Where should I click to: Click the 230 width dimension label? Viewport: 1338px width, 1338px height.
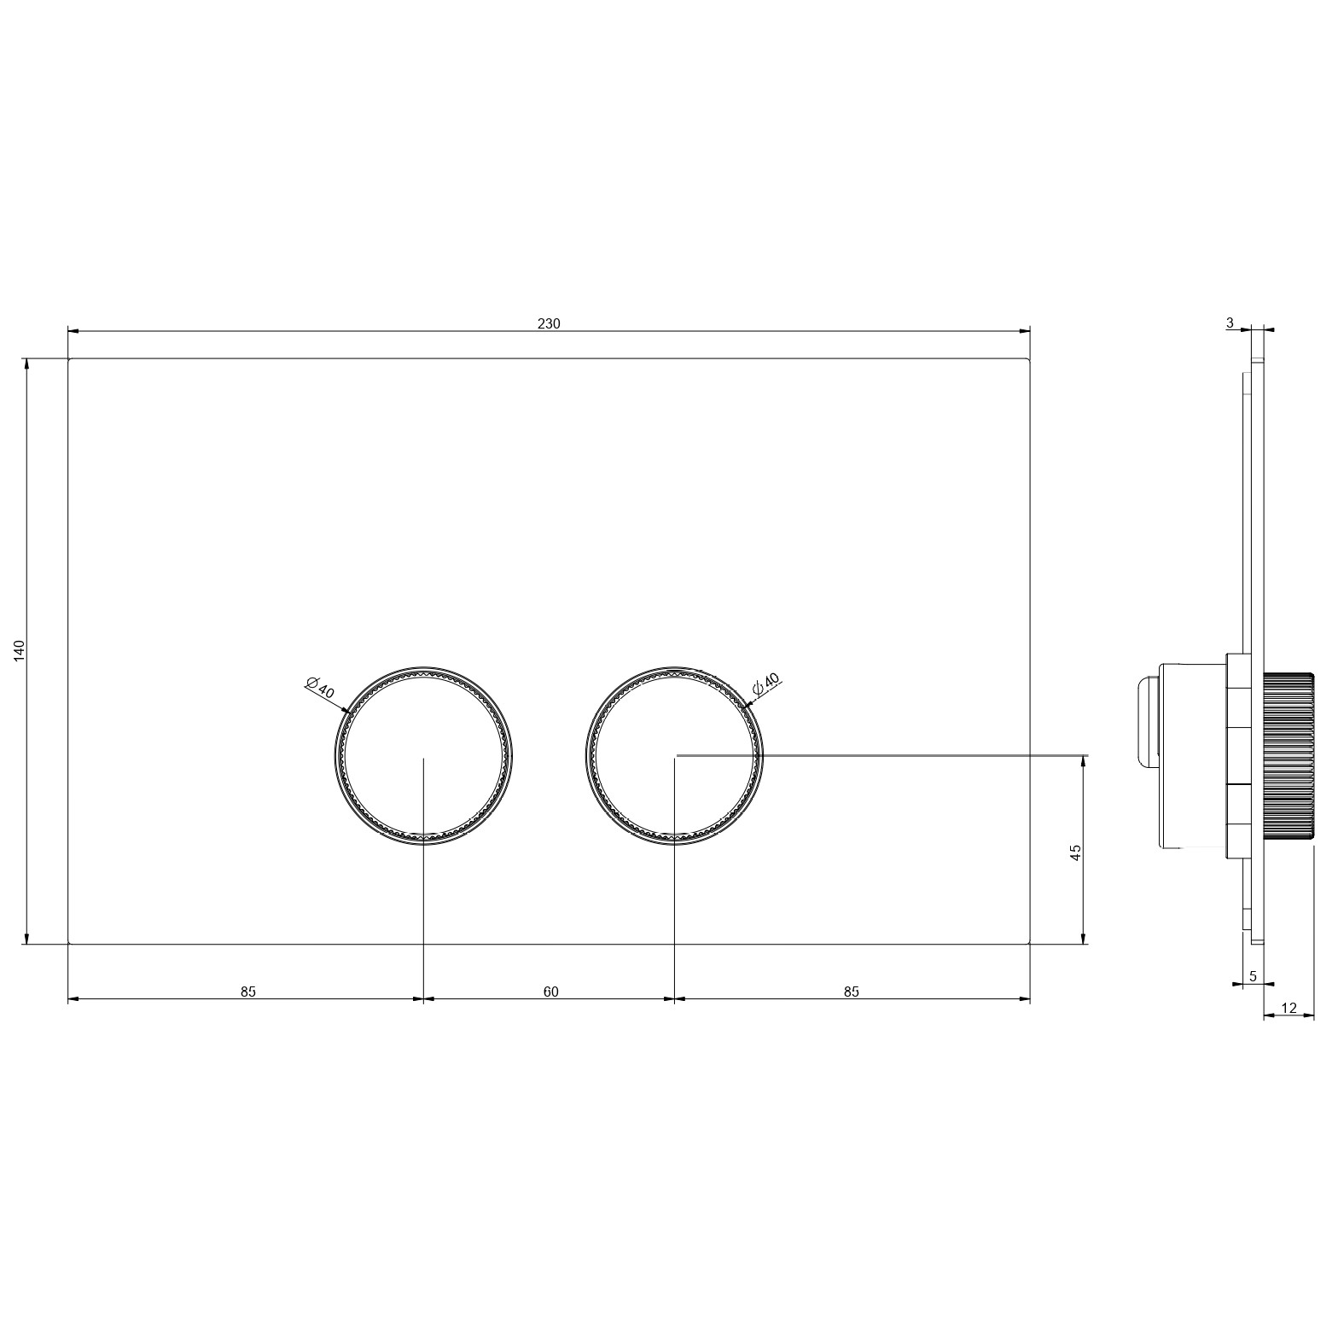click(x=549, y=323)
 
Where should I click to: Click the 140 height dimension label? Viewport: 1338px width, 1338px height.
click(x=20, y=650)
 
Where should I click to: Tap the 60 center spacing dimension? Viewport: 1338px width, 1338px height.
click(x=550, y=992)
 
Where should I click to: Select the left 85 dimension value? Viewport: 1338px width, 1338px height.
click(x=247, y=992)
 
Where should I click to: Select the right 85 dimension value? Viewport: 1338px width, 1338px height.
click(x=851, y=992)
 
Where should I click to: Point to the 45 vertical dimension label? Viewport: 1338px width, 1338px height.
click(x=1076, y=852)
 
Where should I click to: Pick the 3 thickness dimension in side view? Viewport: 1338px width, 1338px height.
click(x=1230, y=323)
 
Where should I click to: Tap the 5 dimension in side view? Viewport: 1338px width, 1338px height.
click(x=1253, y=976)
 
